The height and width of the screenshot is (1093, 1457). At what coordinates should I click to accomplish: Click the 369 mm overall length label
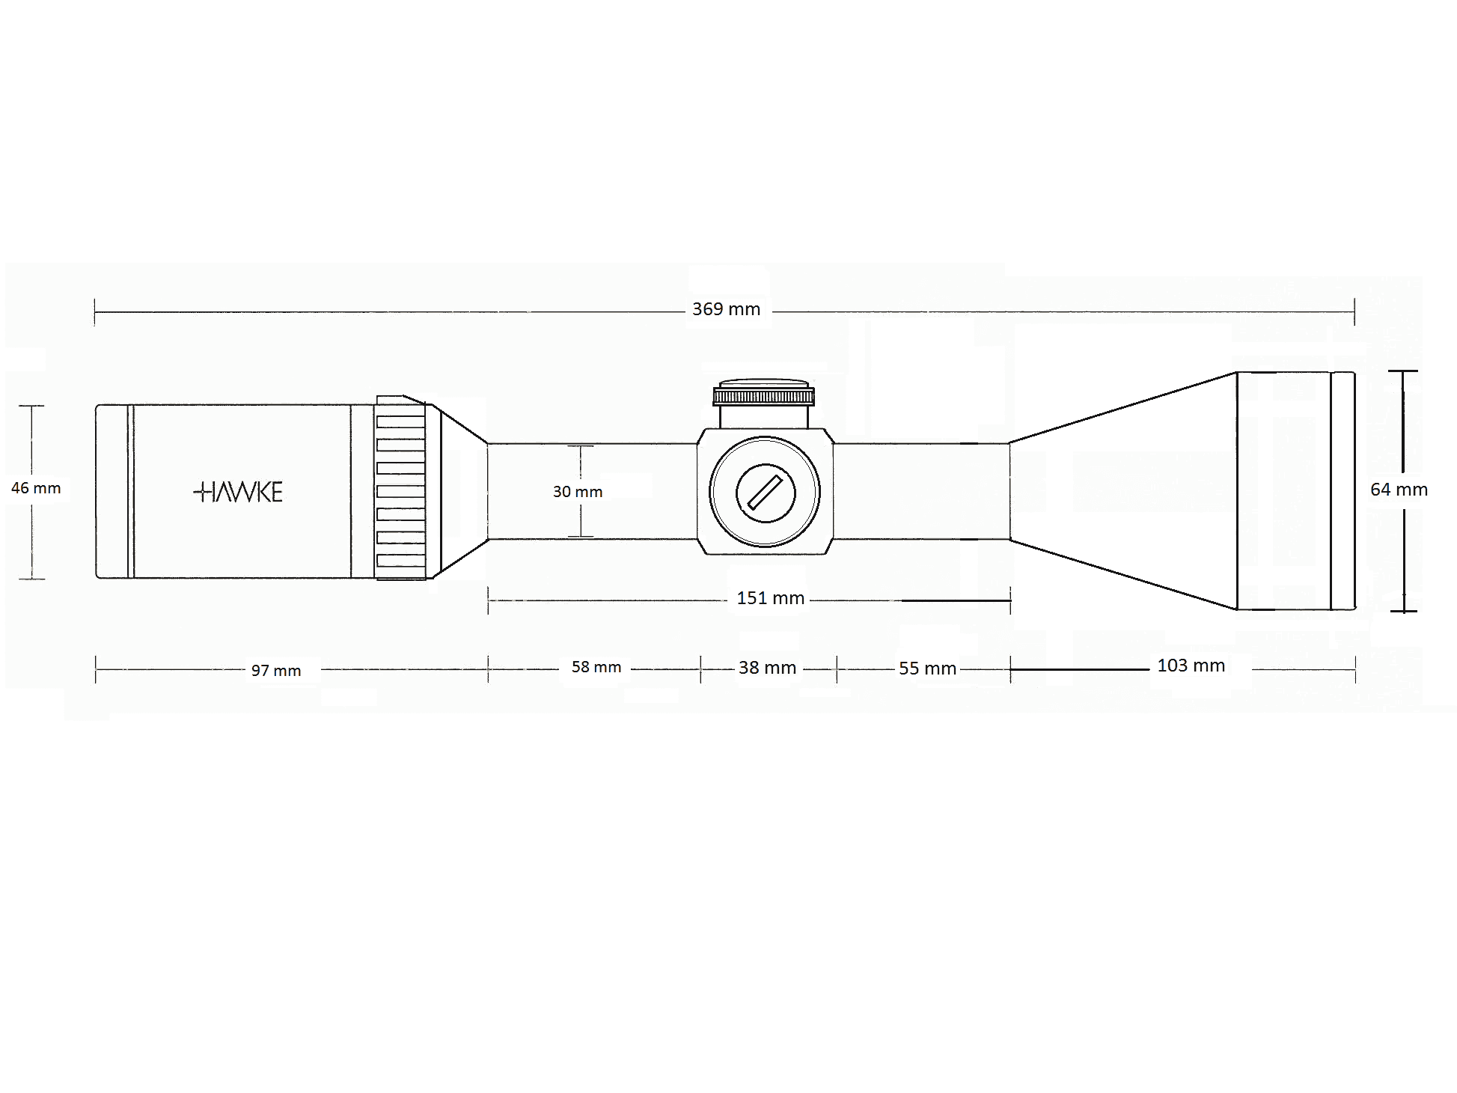[726, 309]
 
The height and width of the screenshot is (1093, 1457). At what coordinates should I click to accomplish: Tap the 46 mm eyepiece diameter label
[36, 488]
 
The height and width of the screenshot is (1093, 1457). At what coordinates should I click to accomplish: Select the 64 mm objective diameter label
[1399, 490]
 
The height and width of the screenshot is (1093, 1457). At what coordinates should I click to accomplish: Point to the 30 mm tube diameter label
[578, 492]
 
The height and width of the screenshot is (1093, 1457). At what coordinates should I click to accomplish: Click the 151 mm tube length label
[771, 598]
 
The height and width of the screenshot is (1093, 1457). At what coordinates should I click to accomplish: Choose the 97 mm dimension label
[276, 671]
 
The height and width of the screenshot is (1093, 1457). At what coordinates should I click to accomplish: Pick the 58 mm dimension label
[596, 667]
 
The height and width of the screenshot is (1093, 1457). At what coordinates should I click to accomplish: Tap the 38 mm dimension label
[767, 668]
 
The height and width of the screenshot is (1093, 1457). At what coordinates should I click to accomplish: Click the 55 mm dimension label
[927, 669]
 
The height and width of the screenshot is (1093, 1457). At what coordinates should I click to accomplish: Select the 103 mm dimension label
[1191, 666]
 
